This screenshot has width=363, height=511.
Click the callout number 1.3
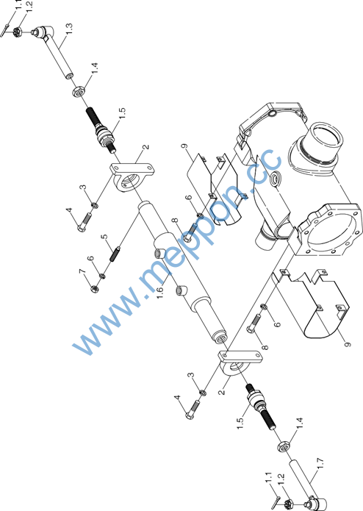click(68, 28)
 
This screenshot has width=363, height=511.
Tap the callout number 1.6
click(160, 293)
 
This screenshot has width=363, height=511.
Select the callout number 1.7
click(320, 464)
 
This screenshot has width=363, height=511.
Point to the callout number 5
click(104, 237)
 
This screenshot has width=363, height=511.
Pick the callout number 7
click(82, 271)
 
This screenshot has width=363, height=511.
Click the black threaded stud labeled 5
click(115, 254)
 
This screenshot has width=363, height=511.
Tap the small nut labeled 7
click(94, 289)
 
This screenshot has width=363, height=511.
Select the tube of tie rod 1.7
click(301, 479)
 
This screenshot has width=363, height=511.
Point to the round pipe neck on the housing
click(323, 143)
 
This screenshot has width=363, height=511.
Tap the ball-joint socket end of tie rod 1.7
click(316, 502)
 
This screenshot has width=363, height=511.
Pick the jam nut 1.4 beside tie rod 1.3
click(79, 91)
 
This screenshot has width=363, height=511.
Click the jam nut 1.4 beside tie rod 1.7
click(284, 446)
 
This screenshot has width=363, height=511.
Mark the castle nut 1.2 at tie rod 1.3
click(17, 32)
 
